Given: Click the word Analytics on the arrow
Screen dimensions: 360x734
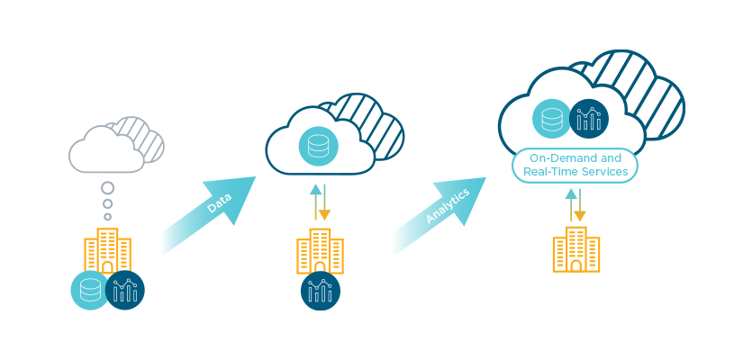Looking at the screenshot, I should [x=447, y=205].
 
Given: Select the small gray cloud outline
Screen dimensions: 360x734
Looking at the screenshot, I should [x=107, y=149].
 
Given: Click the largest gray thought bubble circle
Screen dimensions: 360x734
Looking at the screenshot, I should [x=108, y=188].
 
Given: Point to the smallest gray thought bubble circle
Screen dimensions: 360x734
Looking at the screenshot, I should [x=108, y=217].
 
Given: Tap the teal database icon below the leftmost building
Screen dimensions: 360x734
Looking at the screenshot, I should [x=90, y=290].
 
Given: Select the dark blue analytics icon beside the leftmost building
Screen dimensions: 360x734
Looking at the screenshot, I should [x=125, y=290].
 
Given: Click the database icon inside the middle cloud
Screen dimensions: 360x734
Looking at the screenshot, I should [x=318, y=147].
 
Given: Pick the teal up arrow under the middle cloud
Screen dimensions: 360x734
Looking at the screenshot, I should [x=315, y=202].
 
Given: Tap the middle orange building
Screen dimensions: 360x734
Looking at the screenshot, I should [x=320, y=250].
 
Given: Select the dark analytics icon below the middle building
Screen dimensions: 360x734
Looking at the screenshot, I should [x=321, y=291].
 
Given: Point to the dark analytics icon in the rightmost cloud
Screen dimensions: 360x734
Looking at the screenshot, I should [x=588, y=118].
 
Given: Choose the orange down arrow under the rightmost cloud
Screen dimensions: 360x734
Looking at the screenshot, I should [x=580, y=204].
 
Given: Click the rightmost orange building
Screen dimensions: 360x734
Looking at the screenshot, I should [x=575, y=249].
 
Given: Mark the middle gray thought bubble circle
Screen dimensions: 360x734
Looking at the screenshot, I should [x=108, y=204].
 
